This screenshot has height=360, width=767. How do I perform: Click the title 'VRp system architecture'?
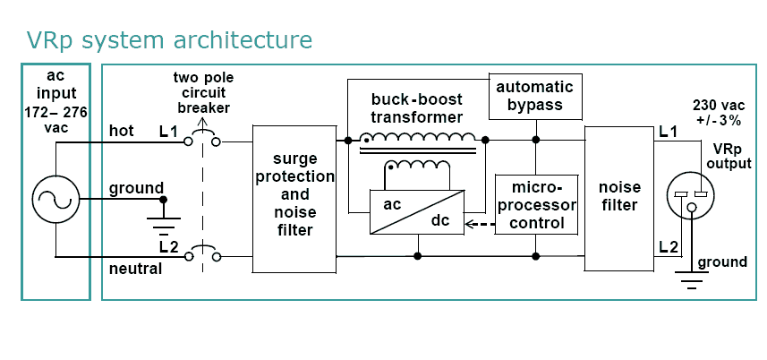170,40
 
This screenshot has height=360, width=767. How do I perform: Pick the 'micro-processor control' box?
535,203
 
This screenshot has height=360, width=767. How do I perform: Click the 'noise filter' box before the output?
618,197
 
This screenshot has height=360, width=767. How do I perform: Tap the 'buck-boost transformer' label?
418,108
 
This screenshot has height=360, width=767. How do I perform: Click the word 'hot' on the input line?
123,133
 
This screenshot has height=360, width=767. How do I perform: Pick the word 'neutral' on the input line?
136,268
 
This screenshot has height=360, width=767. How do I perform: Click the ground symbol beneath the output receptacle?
690,282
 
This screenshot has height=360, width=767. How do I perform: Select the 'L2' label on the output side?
668,246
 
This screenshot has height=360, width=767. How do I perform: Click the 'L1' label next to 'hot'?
169,133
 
